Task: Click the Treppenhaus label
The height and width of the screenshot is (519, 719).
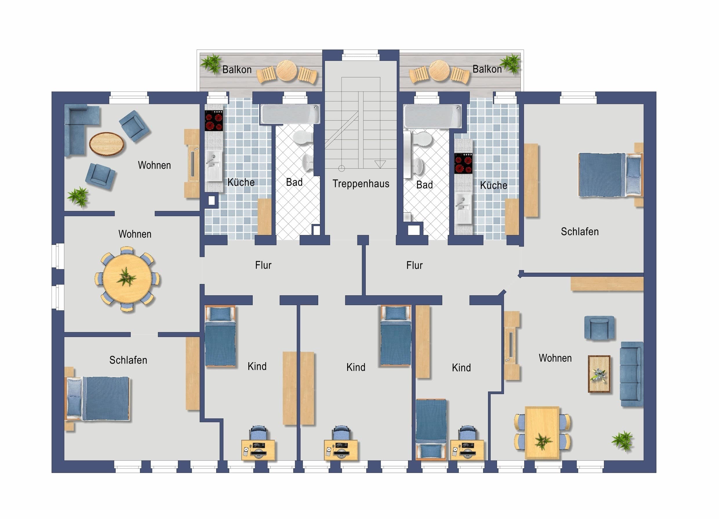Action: [361, 183]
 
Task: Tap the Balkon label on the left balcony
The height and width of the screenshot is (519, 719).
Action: [237, 70]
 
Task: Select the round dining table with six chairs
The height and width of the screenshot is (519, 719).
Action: [127, 279]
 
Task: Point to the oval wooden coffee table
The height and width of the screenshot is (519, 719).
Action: [107, 144]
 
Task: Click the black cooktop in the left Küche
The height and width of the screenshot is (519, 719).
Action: [214, 121]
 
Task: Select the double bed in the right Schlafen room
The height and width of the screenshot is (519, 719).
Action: [611, 175]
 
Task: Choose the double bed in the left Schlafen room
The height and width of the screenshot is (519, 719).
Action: [98, 398]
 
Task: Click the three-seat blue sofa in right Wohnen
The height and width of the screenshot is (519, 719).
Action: [631, 374]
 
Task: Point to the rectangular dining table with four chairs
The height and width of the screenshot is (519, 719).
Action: [542, 433]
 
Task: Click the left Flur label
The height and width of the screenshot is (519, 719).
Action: [263, 265]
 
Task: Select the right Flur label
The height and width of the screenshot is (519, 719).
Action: [414, 265]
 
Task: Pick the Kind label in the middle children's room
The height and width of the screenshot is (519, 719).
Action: [356, 367]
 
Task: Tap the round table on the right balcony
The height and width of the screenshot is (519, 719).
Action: [439, 70]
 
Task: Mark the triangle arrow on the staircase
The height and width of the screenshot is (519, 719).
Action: [380, 164]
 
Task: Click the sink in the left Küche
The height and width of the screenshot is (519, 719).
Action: [213, 165]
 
